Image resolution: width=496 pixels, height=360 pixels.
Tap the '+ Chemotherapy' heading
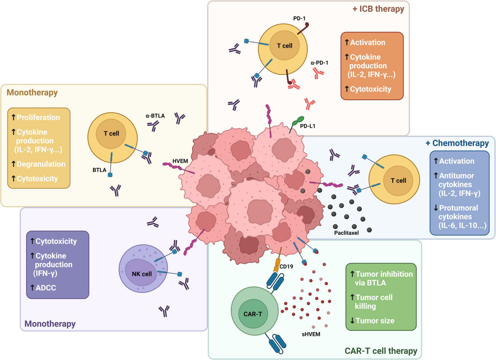[x=457, y=143]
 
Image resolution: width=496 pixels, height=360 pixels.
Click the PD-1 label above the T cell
[x=299, y=18]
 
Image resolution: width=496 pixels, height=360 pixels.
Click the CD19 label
[x=290, y=268]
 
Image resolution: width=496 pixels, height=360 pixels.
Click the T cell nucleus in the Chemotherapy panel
[x=398, y=181]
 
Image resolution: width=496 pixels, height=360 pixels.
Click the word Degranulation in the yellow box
[x=41, y=164]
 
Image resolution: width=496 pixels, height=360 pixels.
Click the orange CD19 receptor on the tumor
[x=279, y=261]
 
